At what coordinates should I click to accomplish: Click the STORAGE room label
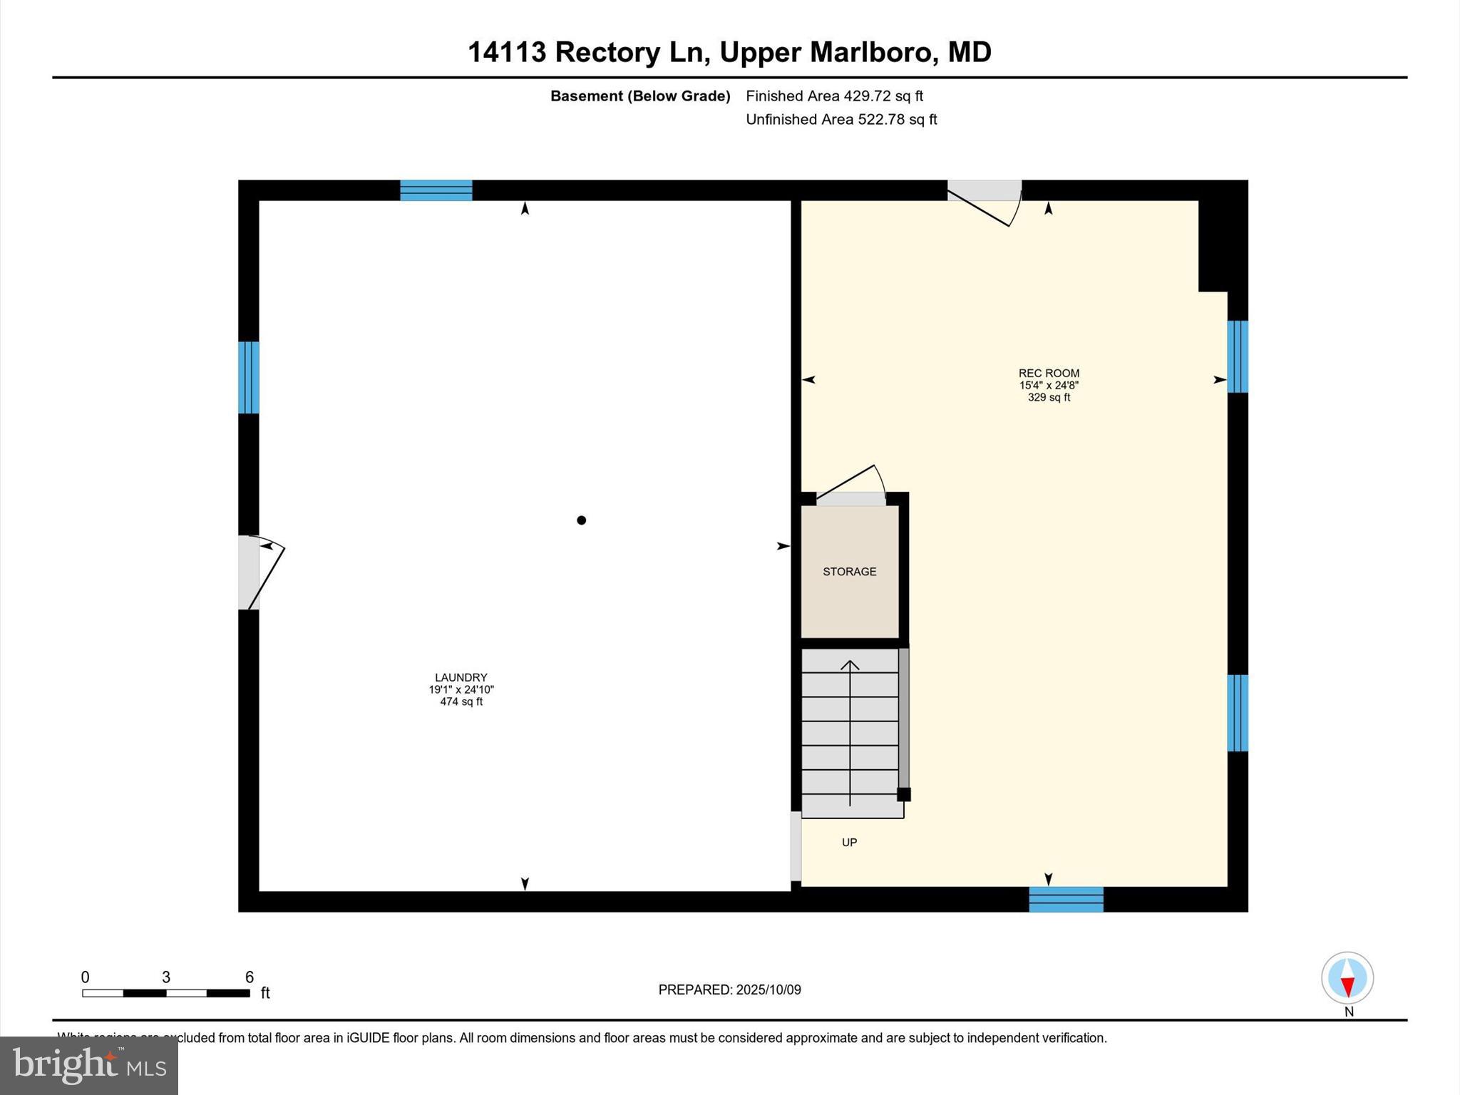849,572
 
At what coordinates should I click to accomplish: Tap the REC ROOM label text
1049,373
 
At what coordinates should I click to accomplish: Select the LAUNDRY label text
461,677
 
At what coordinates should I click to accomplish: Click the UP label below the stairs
849,843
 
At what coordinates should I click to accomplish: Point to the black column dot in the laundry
581,520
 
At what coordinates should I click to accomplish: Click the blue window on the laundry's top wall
436,190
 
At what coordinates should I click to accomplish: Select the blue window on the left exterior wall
248,377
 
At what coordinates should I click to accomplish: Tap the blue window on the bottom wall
1066,899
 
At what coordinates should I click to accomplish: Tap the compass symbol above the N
1347,977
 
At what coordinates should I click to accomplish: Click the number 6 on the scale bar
250,977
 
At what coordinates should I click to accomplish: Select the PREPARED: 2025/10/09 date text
729,989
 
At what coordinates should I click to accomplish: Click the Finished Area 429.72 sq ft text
834,96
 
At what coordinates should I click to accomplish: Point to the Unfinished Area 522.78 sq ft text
841,119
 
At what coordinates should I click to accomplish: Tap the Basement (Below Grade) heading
640,96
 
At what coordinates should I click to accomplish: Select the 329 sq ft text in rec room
1049,398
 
